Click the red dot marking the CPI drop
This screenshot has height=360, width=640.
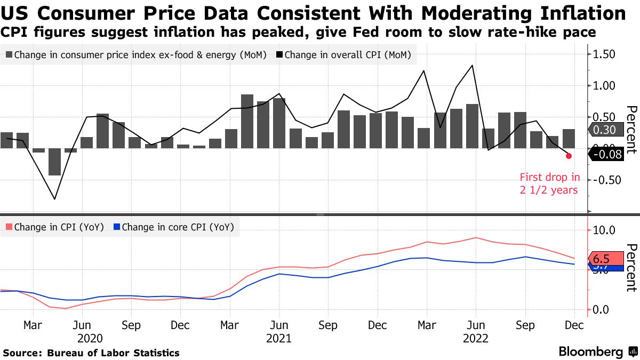click(x=569, y=156)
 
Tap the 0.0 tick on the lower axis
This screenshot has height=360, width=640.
click(x=602, y=309)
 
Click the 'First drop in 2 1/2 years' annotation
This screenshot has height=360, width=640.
click(x=549, y=183)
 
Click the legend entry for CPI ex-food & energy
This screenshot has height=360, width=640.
click(x=135, y=55)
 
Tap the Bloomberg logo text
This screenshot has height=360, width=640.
click(x=590, y=352)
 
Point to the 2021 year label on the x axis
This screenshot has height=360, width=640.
click(x=278, y=338)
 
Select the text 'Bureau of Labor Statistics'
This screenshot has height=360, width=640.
click(x=113, y=353)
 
